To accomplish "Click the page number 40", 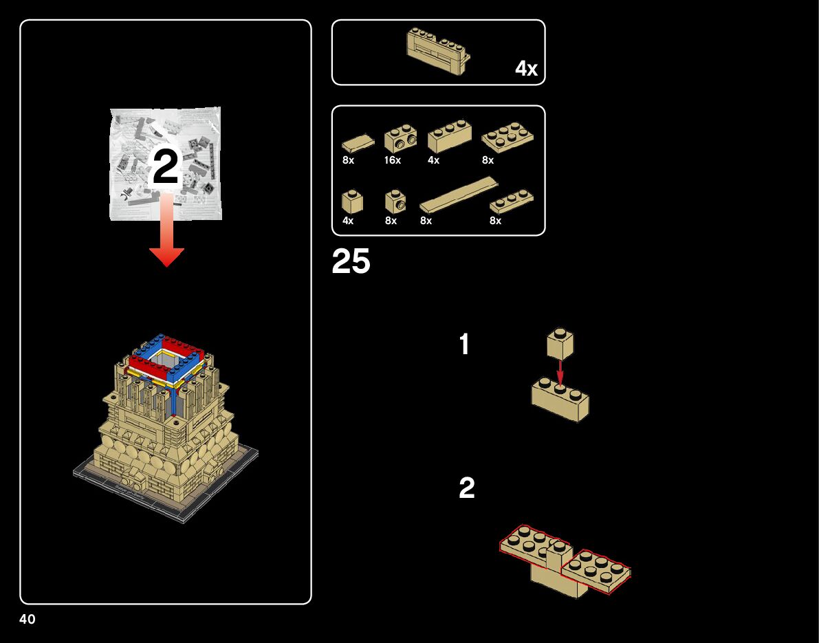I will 28,619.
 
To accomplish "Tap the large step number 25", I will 351,262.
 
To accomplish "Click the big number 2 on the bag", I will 165,167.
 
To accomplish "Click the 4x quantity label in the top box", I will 526,69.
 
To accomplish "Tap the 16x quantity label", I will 393,160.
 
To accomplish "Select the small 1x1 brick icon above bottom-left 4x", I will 352,201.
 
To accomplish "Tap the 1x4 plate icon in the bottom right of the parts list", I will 511,201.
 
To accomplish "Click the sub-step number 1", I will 465,345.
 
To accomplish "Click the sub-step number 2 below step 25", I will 466,489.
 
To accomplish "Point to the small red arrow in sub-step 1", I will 560,371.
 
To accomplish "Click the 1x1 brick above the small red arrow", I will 560,343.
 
